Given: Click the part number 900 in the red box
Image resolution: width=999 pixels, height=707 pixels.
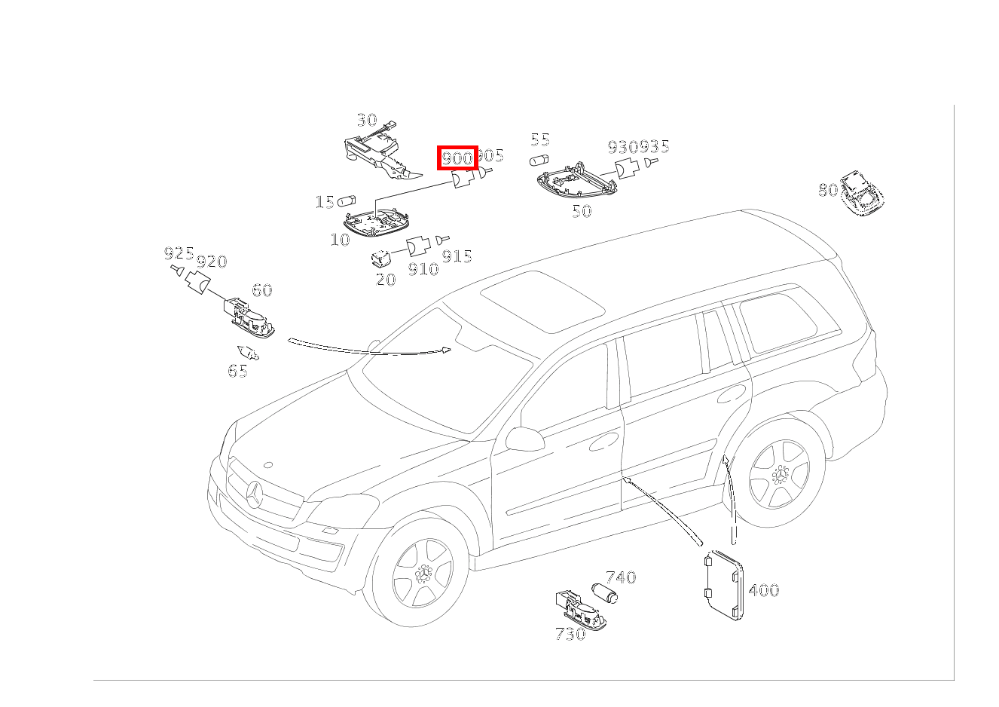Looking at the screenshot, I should (x=457, y=158).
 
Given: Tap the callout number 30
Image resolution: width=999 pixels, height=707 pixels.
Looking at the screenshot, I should (x=366, y=120).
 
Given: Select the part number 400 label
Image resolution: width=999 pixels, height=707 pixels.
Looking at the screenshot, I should (x=763, y=590).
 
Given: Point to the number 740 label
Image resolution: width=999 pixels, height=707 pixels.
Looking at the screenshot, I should (x=621, y=577).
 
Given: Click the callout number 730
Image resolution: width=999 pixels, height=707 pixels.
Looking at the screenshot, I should (x=570, y=634).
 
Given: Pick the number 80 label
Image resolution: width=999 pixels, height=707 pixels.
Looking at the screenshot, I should (x=827, y=190).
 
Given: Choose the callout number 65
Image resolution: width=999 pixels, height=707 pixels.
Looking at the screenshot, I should (x=237, y=371).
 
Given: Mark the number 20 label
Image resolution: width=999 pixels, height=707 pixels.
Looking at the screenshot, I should (x=385, y=280).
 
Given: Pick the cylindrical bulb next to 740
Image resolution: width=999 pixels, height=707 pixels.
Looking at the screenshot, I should (x=603, y=593).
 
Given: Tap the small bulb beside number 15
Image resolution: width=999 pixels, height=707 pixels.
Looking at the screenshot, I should (x=347, y=201).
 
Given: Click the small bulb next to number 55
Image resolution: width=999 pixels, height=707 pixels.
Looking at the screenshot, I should (x=539, y=161).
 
